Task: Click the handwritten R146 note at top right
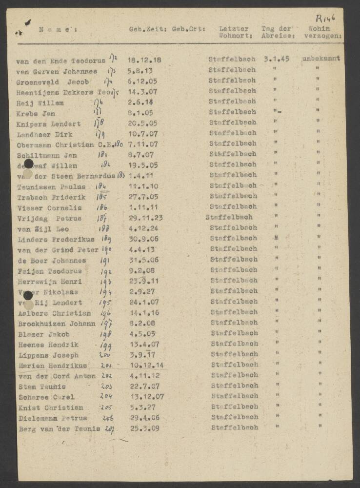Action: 325,18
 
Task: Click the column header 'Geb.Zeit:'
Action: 148,29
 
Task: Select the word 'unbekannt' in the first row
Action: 321,59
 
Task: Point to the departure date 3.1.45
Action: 277,59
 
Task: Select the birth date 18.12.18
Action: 144,60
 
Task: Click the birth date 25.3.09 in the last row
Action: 143,428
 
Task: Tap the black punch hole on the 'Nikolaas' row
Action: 28,295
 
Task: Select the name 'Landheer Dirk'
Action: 45,134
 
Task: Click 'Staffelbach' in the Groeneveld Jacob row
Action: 232,81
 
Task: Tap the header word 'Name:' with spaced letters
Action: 57,29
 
